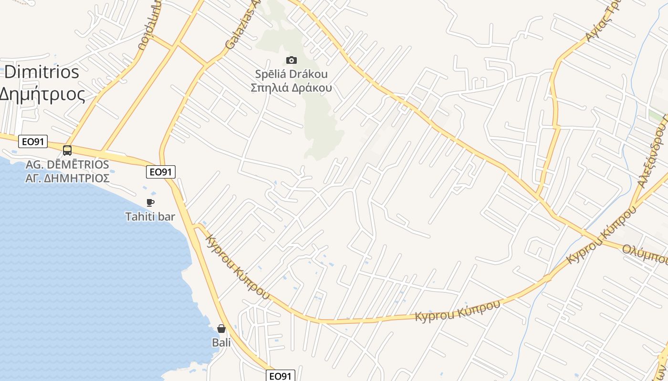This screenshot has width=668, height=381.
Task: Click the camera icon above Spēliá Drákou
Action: (x=291, y=60)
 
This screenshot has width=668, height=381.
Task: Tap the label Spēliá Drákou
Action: (x=291, y=74)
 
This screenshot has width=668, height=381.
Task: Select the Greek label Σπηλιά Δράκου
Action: (x=291, y=88)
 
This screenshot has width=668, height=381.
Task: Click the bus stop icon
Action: (x=67, y=150)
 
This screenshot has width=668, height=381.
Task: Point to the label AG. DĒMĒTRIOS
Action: (x=67, y=165)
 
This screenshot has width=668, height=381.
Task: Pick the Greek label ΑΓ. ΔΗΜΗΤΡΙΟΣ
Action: (x=67, y=178)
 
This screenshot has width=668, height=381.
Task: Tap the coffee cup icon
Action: (x=150, y=202)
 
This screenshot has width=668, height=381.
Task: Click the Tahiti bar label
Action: (x=150, y=217)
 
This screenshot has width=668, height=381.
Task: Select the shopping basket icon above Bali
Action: (x=221, y=329)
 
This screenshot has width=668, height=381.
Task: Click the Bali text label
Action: (x=221, y=342)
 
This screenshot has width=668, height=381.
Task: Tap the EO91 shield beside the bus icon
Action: (x=33, y=141)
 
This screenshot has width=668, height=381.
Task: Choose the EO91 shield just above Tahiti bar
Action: (x=161, y=172)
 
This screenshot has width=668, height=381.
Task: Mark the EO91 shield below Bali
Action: (x=280, y=376)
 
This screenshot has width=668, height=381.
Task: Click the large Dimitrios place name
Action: (x=41, y=72)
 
